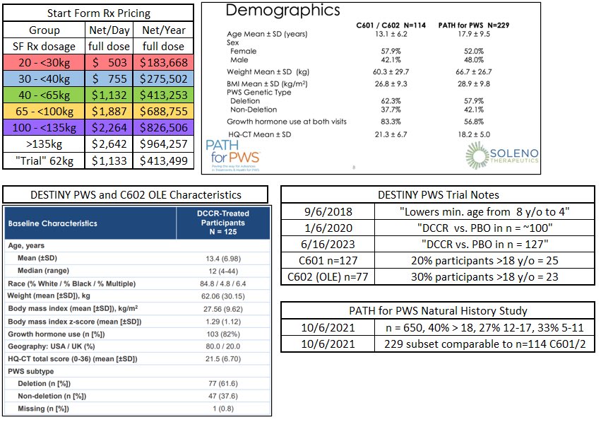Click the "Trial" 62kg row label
44,161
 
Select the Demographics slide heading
282,11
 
